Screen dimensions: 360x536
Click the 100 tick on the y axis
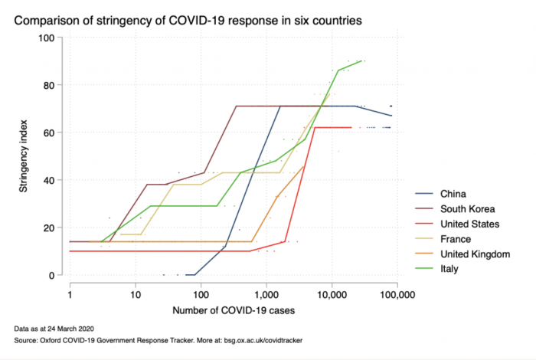[x=47, y=38]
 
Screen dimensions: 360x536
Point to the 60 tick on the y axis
[x=50, y=133]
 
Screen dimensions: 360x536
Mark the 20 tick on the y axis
[x=50, y=227]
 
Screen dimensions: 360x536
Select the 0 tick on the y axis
[x=53, y=275]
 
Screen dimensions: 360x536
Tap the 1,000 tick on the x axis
[x=266, y=293]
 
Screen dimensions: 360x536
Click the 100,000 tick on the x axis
[x=396, y=293]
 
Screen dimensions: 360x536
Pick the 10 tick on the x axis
[x=136, y=293]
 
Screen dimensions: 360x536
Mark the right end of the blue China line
[x=391, y=116]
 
